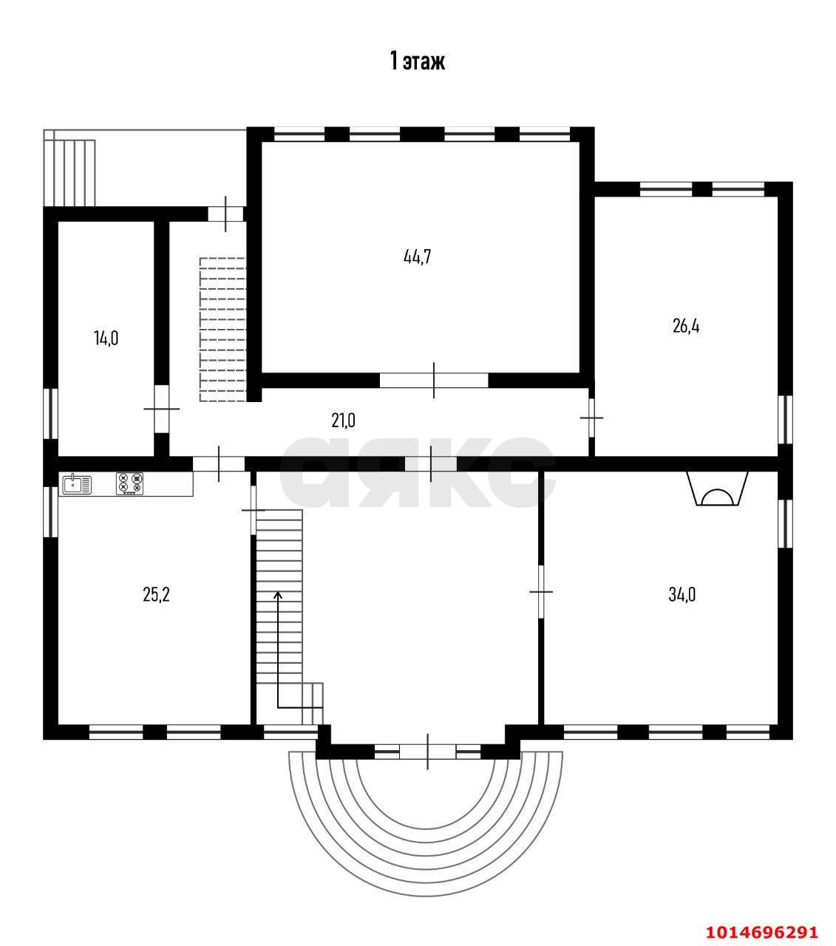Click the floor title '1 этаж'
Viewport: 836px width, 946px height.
click(418, 61)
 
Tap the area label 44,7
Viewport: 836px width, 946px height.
click(417, 256)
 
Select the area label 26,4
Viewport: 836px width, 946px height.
click(686, 325)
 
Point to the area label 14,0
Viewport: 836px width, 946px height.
click(106, 338)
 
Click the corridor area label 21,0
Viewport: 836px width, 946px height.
click(343, 421)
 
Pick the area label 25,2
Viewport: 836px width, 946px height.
click(156, 594)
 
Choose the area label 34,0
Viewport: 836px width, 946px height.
click(682, 594)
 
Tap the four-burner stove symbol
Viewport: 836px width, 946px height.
click(130, 483)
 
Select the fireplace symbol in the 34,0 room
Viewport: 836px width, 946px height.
click(718, 489)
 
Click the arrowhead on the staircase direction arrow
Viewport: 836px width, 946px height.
click(278, 594)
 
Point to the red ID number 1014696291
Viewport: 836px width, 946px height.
click(762, 919)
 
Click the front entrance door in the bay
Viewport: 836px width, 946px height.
click(427, 752)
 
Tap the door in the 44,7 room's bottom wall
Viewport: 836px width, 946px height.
click(434, 380)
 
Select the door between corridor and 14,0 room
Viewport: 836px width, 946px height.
click(162, 409)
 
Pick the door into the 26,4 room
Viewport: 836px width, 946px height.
click(591, 418)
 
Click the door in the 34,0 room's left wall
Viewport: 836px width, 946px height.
click(541, 591)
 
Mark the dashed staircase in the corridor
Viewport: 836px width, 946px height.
click(222, 329)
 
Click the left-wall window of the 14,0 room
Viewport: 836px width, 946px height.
click(50, 414)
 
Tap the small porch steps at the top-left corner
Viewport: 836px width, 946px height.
click(69, 168)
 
